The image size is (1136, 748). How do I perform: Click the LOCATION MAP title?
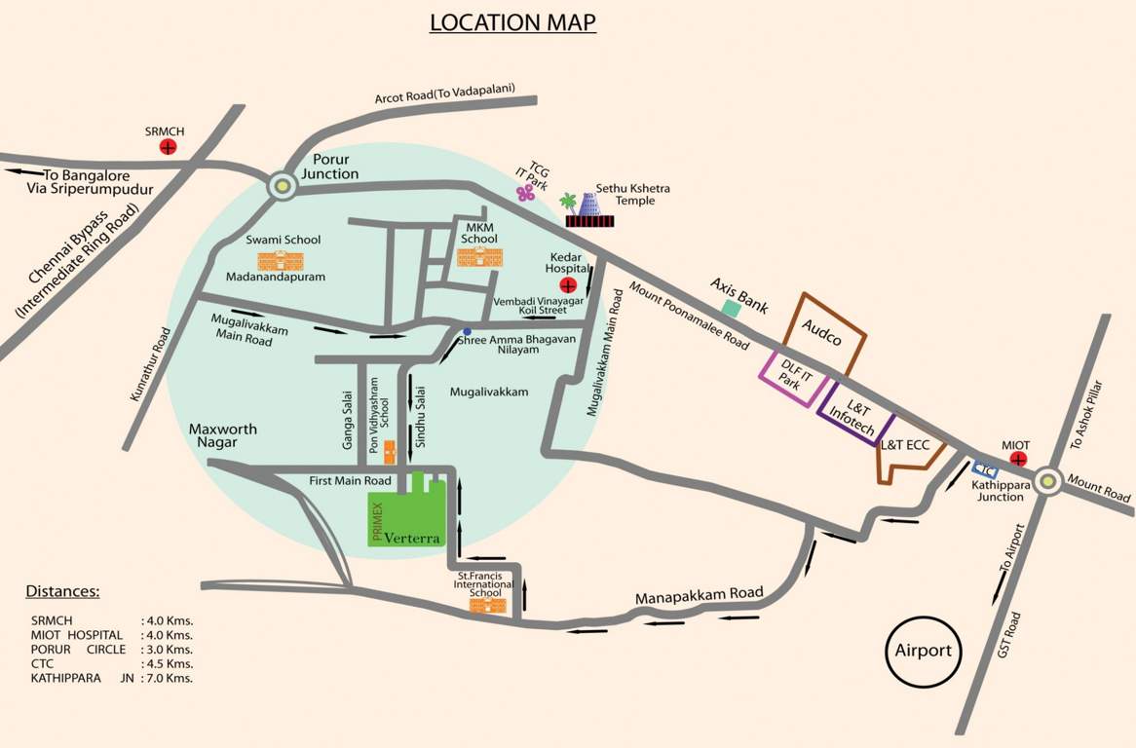click(512, 22)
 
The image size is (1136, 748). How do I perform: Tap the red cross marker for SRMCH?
click(168, 147)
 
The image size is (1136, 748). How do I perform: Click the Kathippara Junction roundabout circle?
click(1048, 480)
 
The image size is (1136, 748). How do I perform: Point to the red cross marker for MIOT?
click(1019, 458)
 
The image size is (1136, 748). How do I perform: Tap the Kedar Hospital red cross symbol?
click(569, 285)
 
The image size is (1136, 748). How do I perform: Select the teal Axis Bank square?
click(730, 308)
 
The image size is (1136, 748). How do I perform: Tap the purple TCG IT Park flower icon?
click(527, 193)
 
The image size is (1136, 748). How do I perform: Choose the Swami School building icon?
click(280, 260)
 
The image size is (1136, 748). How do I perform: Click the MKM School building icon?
click(479, 256)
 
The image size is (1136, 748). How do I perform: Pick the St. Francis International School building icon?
click(488, 606)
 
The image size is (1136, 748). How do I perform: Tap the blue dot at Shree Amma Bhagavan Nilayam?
click(467, 331)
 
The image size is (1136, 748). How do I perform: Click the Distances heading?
click(62, 591)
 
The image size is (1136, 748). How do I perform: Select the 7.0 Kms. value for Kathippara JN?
click(168, 678)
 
